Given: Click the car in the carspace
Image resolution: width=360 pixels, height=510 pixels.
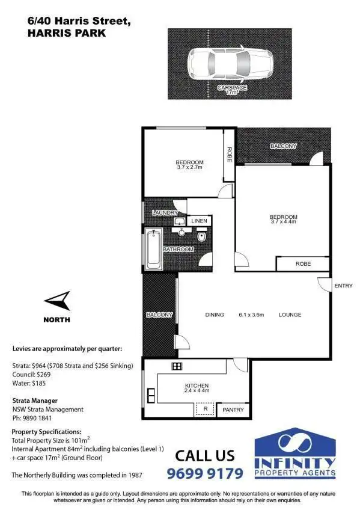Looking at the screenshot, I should [230, 61].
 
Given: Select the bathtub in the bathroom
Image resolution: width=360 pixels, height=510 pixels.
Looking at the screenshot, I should [154, 249].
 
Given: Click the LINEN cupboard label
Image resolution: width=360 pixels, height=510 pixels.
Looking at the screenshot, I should [199, 221].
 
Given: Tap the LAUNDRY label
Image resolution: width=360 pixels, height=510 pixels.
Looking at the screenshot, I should [165, 213].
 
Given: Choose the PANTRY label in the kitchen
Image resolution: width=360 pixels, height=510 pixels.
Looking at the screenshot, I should [233, 410].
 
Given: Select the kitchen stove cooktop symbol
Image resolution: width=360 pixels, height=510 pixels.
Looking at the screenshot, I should [177, 366].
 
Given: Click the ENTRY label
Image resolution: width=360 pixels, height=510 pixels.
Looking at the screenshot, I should [344, 286].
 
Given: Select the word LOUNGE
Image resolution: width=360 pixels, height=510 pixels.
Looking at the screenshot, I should [290, 315].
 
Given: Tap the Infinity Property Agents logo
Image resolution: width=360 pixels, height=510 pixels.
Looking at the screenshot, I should [295, 453].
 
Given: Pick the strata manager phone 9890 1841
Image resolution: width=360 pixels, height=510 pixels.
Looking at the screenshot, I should [34, 418].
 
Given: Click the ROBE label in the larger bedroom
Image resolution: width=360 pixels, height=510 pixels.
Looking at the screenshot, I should [302, 264].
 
